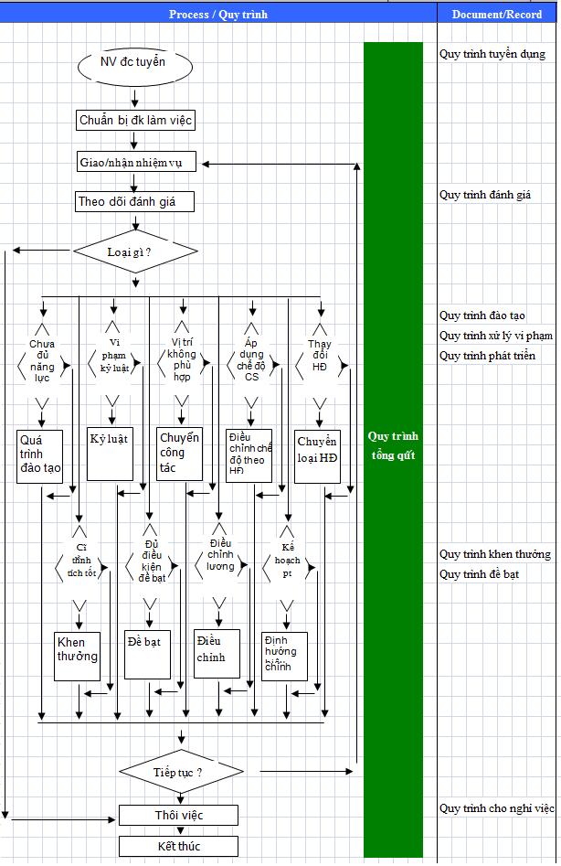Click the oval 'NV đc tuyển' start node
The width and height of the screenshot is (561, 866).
pyautogui.click(x=134, y=64)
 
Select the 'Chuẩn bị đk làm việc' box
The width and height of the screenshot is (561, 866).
pyautogui.click(x=134, y=120)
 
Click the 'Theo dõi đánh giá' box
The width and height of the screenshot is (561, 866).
pyautogui.click(x=134, y=202)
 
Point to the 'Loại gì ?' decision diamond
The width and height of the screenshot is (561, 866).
pyautogui.click(x=135, y=251)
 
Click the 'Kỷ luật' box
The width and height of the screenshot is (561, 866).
pyautogui.click(x=109, y=453)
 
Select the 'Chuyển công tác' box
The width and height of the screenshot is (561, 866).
pyautogui.click(x=179, y=453)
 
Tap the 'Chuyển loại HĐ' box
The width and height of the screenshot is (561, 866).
pyautogui.click(x=318, y=453)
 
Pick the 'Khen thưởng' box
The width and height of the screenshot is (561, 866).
pyautogui.click(x=77, y=655)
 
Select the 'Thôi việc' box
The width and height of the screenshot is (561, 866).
pyautogui.click(x=178, y=815)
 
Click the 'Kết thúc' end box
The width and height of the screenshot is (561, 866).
pyautogui.click(x=178, y=846)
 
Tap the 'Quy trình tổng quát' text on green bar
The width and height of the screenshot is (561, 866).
pyautogui.click(x=394, y=445)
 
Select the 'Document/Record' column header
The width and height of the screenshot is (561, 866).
pyautogui.click(x=496, y=15)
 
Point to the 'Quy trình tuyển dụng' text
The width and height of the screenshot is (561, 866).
pyautogui.click(x=492, y=54)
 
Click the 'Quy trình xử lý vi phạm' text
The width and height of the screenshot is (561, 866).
pyautogui.click(x=495, y=336)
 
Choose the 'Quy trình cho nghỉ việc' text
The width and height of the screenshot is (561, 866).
pyautogui.click(x=496, y=808)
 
